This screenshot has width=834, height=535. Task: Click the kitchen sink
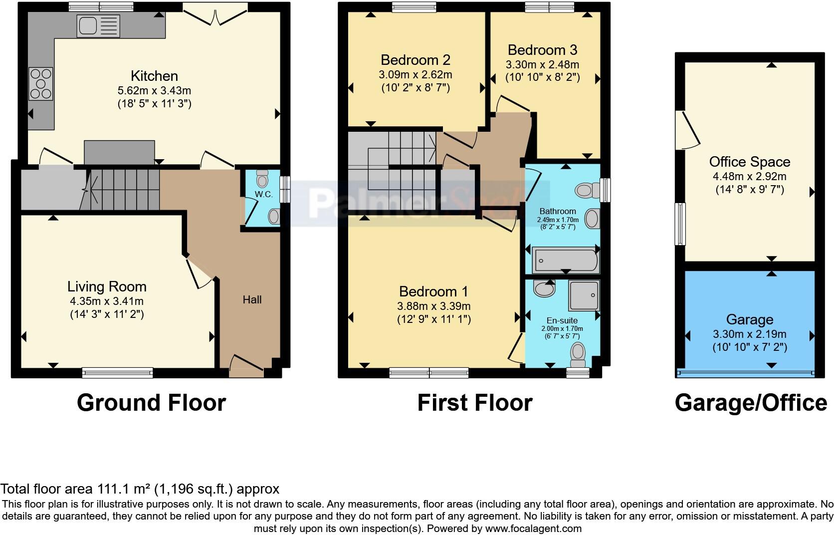(x=98, y=26)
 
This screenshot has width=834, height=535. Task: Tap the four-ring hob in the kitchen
(x=41, y=84)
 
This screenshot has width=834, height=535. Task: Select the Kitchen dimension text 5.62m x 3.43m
(x=154, y=91)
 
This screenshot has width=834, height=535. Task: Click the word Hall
(x=252, y=299)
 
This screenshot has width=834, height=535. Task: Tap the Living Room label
(x=107, y=286)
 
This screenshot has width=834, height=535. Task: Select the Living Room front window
(x=118, y=372)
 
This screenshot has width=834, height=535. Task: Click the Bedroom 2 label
(x=415, y=60)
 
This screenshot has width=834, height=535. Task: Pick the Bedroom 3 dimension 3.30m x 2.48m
(x=542, y=64)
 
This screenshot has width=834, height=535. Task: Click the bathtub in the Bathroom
(x=565, y=260)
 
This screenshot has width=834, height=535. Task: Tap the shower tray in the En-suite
(x=584, y=295)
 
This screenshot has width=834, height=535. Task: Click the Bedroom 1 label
(x=434, y=291)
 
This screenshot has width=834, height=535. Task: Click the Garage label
(x=749, y=319)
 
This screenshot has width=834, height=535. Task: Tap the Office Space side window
(x=680, y=224)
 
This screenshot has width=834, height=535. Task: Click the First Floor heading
(x=474, y=403)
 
